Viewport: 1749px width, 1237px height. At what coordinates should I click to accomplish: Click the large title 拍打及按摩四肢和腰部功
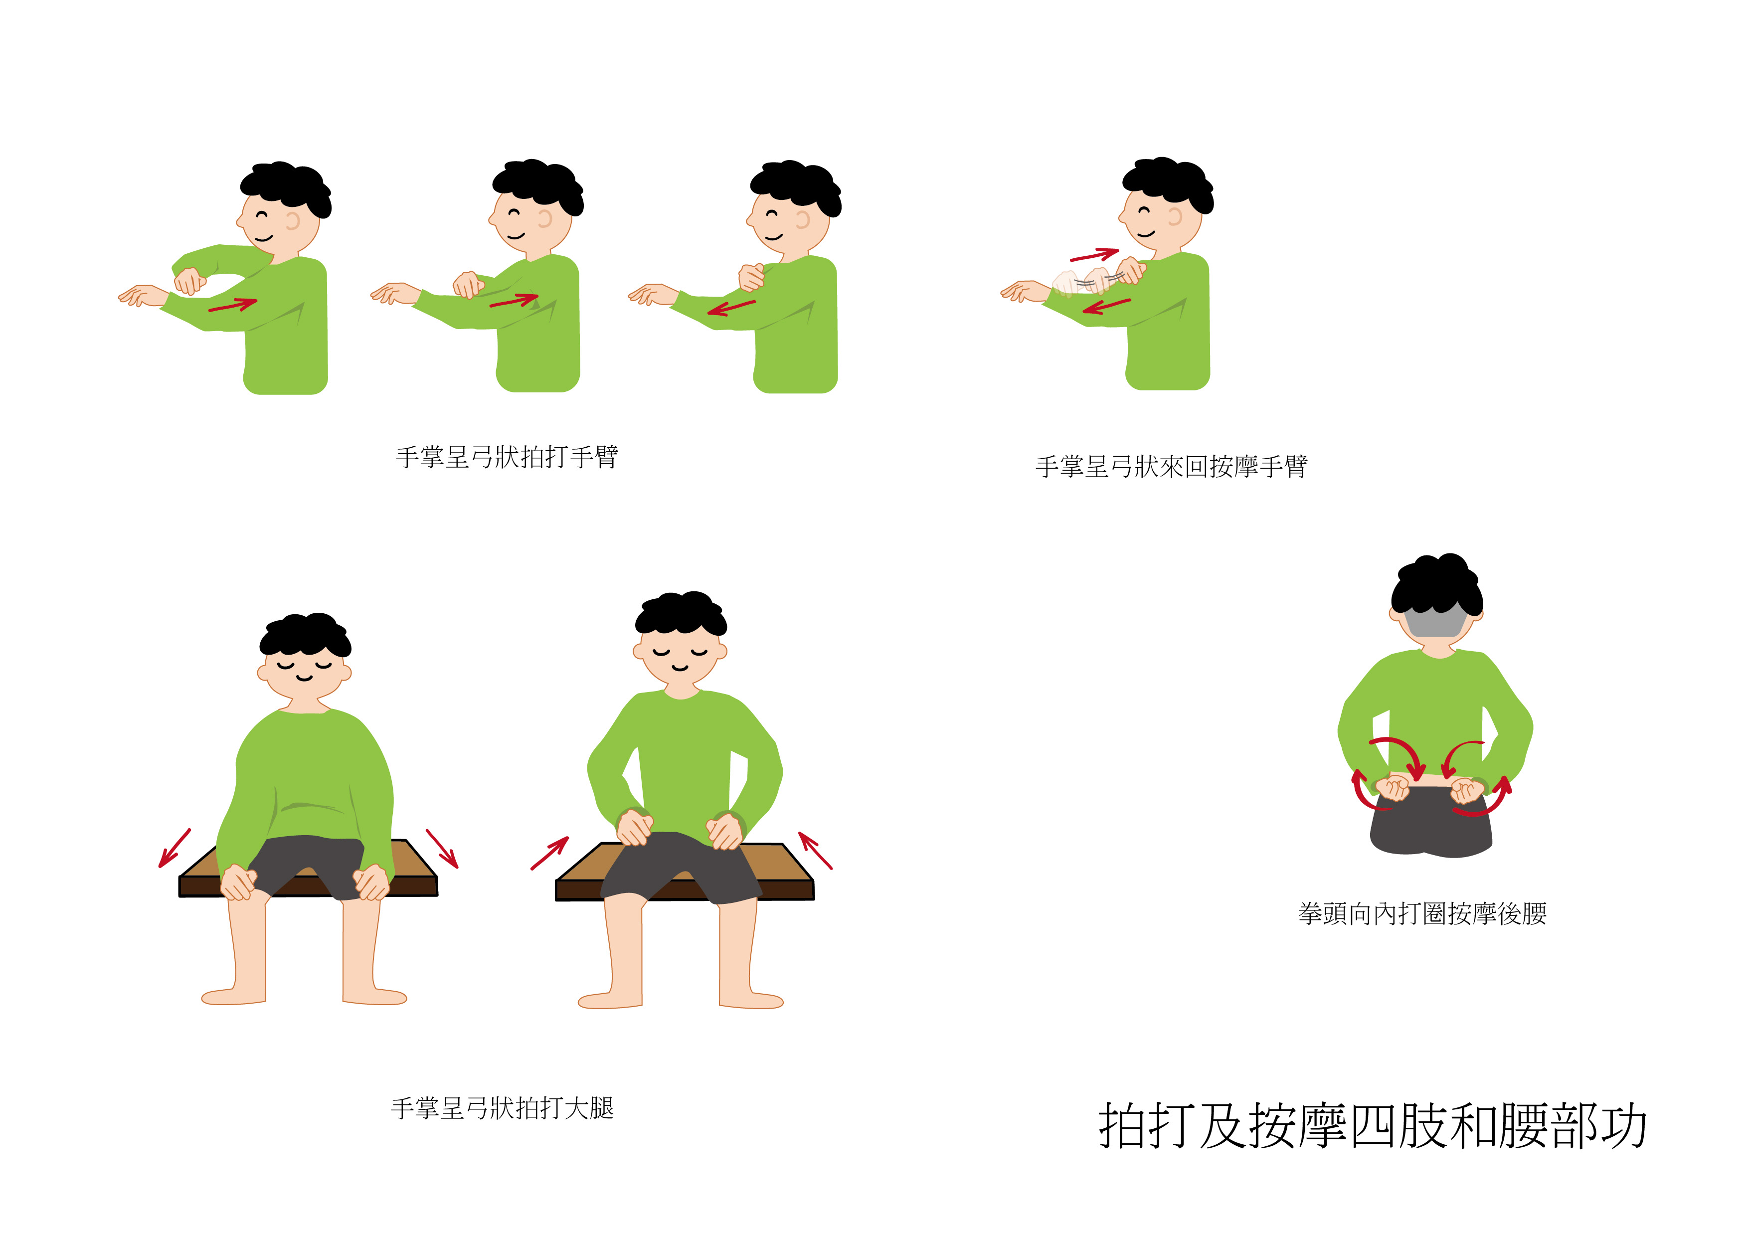(1372, 1125)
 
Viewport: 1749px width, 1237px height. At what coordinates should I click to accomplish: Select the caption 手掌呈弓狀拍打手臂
(507, 457)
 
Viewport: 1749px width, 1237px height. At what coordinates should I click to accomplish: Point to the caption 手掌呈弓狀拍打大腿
(502, 1108)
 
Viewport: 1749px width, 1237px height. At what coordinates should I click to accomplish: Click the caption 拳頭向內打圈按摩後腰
(1422, 913)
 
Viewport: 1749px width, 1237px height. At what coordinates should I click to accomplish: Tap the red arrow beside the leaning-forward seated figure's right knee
(815, 851)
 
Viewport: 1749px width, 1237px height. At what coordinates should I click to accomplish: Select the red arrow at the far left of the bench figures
(175, 848)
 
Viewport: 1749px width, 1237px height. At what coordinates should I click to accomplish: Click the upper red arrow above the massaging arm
(1095, 254)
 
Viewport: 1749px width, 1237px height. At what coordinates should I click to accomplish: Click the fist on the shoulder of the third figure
(751, 277)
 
